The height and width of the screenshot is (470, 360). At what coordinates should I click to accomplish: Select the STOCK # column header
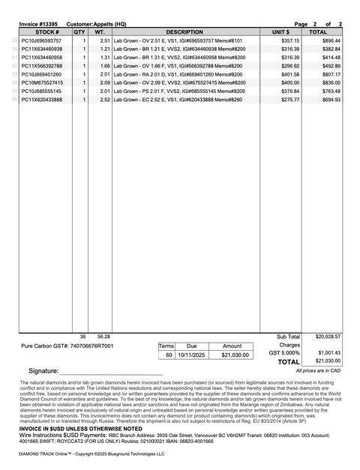point(46,32)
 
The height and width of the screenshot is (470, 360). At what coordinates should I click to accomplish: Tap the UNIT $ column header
point(280,32)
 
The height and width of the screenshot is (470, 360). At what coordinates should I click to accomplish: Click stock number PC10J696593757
point(43,40)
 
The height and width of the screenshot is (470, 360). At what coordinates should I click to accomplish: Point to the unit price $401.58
point(289,74)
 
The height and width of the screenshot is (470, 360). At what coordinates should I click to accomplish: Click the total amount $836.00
point(331,82)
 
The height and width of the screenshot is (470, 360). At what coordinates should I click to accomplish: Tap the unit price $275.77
point(289,99)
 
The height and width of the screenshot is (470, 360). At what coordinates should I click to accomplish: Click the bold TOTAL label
point(288,362)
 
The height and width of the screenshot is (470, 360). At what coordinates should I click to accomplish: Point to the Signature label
point(43,371)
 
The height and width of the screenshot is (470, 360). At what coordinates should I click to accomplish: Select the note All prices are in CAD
point(318,370)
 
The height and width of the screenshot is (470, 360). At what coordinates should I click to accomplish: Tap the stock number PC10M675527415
point(43,82)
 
